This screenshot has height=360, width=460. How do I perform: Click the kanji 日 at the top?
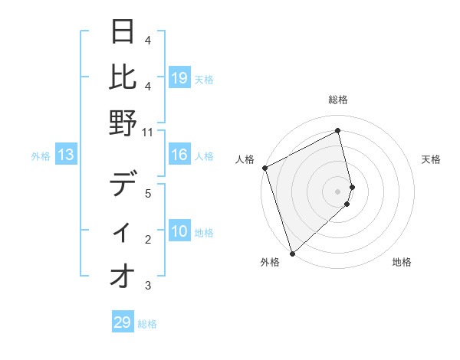point(123,32)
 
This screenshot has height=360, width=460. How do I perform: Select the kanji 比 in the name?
point(123,77)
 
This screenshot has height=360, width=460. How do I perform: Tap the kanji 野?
point(123,123)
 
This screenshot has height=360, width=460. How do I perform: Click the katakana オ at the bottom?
point(123,277)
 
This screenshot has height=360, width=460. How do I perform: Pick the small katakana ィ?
point(123,234)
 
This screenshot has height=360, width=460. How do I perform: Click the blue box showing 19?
point(179,78)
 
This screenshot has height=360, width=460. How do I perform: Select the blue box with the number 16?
point(179,155)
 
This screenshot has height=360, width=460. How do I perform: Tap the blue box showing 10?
point(179,232)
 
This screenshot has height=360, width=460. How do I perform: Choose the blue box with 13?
point(66,155)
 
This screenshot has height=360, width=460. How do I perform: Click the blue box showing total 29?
point(123,322)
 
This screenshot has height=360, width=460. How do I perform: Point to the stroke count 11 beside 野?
point(148,132)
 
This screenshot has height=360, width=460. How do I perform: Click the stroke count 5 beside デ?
point(148,194)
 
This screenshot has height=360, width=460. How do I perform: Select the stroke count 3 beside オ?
point(148,286)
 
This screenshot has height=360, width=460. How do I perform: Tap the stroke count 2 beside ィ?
point(148,240)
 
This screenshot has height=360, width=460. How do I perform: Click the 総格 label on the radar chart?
point(338,100)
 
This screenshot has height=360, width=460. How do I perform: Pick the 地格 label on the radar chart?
point(402,263)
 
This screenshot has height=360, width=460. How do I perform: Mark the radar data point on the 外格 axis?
point(292,252)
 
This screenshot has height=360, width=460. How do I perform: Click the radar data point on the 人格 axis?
point(264,168)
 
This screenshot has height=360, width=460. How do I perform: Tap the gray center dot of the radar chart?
point(338,191)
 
